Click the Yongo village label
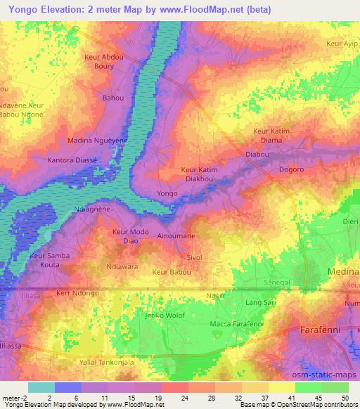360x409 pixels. (x=167, y=193)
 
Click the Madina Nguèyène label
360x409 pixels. (x=97, y=141)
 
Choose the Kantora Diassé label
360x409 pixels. (x=72, y=160)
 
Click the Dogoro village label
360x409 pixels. (x=291, y=170)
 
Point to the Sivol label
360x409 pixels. (x=194, y=258)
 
